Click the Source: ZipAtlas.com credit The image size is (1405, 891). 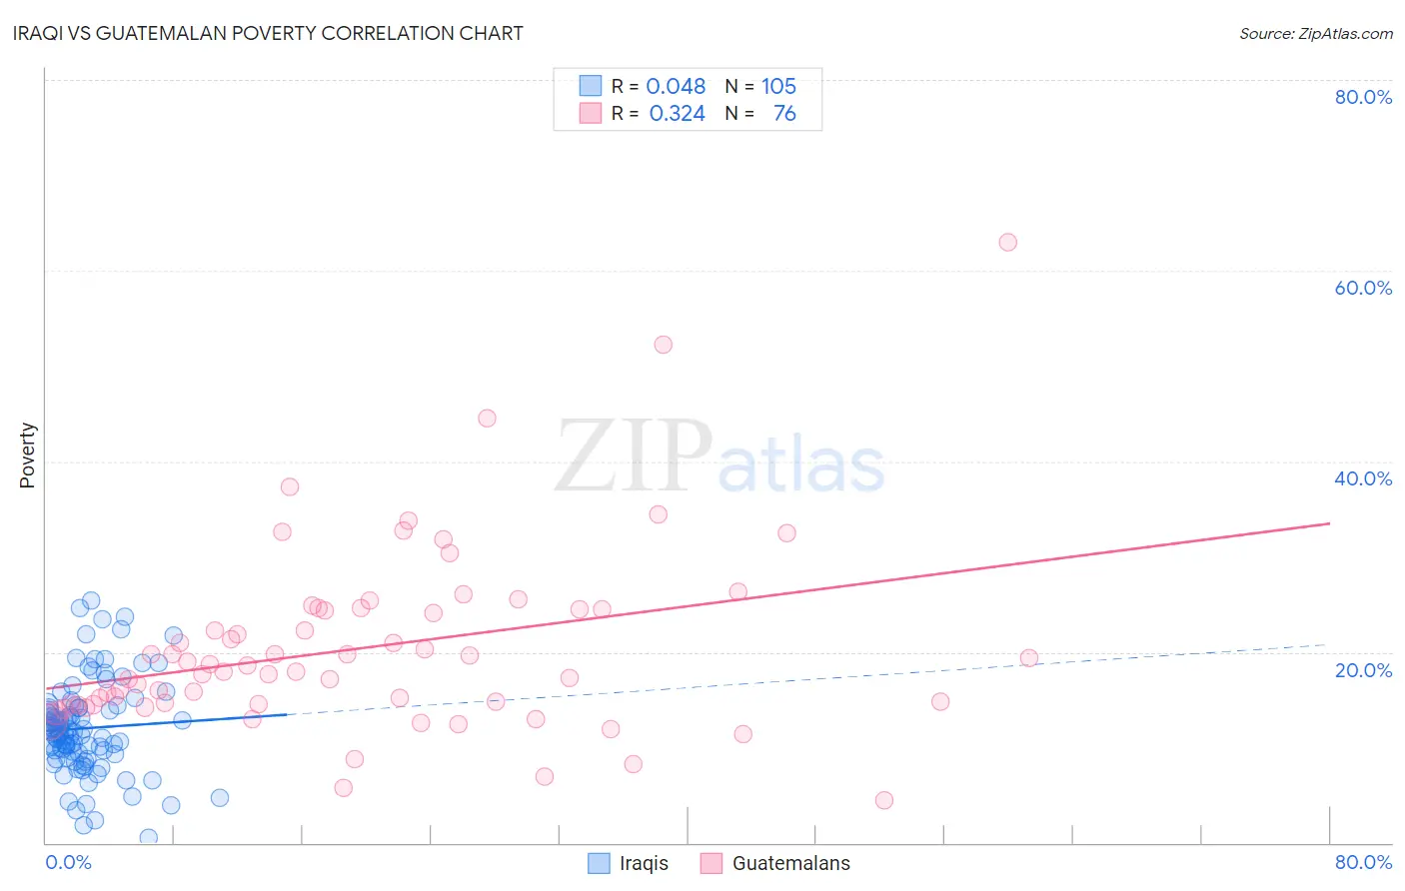point(1315,34)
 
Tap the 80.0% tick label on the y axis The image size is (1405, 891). point(1363,97)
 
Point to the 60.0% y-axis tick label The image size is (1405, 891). point(1363,288)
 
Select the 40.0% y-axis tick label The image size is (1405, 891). point(1363,478)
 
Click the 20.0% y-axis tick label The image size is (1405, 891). point(1363,670)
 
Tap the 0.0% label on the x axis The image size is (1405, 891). point(68,862)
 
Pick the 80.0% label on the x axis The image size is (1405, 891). point(1363,862)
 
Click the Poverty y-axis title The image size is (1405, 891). point(28,455)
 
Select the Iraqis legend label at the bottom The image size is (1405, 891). point(644,863)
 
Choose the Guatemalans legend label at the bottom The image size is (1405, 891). point(790,863)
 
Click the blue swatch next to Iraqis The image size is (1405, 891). point(599,863)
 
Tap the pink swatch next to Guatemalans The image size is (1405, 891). point(711,863)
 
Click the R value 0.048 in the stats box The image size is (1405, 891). point(676,86)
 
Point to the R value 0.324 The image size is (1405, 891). point(677,114)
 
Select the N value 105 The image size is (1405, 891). point(778,86)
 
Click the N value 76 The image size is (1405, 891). point(784,114)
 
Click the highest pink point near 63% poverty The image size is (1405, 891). point(1007,243)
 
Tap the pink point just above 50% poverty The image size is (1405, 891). point(663,345)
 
